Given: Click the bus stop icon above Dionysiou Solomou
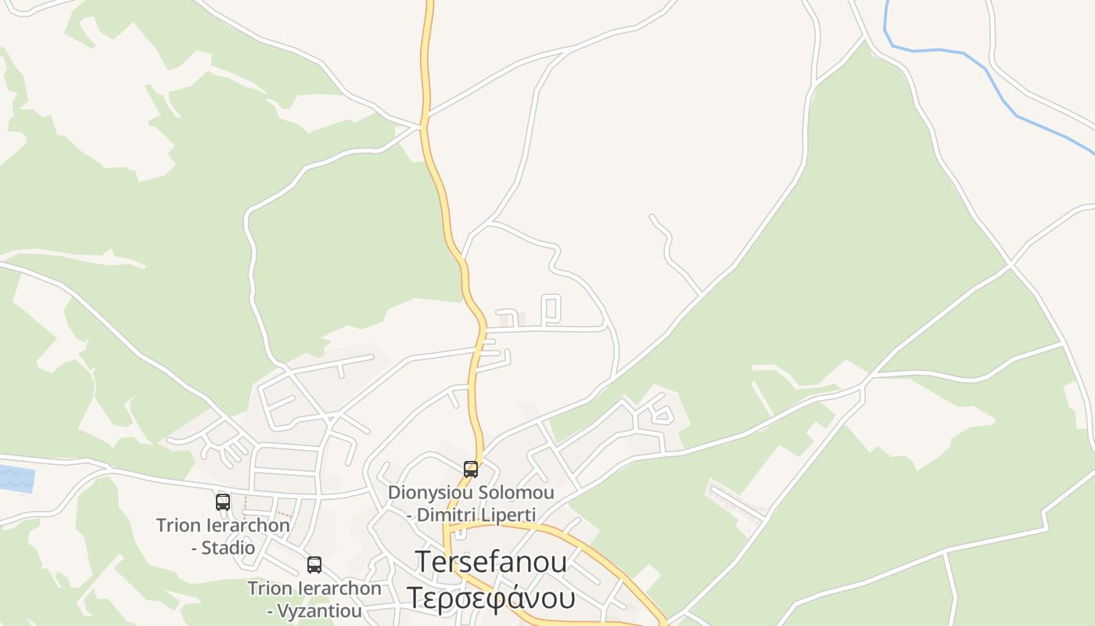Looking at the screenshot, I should pos(471,469).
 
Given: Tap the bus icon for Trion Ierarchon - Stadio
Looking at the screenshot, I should pos(223,502).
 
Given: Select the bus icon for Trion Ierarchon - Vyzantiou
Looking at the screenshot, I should pos(314,565).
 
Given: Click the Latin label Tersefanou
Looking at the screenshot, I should pos(491,562).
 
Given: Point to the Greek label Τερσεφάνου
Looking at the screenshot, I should pos(491,598).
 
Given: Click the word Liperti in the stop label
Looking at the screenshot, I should pos(508,515).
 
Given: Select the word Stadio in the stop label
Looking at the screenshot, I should pos(228,548).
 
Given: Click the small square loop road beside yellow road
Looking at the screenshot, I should pos(551,309).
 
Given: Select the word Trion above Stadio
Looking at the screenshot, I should pos(178,525).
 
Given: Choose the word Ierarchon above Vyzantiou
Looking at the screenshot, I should pos(338,588).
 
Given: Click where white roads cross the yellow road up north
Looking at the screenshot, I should pos(424,124).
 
